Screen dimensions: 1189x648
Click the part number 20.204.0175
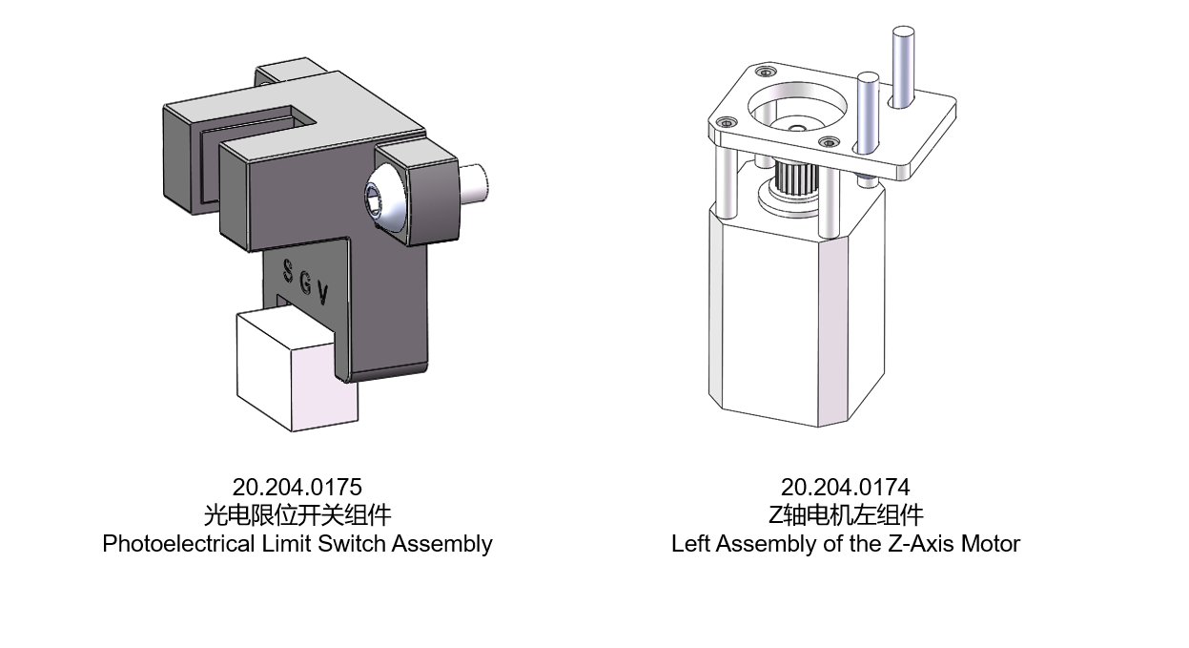coord(297,487)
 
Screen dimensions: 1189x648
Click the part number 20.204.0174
coord(846,487)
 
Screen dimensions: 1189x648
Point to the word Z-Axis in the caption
coord(921,544)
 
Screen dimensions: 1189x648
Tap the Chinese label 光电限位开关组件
coord(297,515)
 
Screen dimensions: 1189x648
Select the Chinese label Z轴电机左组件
coord(846,515)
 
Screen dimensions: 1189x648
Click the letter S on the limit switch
coord(288,271)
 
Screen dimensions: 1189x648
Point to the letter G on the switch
coord(305,283)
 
